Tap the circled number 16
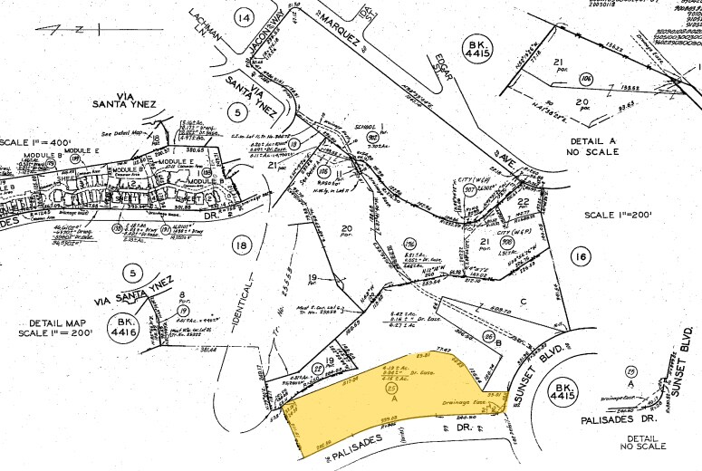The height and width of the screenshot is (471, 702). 580,258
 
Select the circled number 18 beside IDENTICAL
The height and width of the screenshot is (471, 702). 240,245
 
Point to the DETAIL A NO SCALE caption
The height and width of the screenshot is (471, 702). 592,148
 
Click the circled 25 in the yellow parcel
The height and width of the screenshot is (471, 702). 392,389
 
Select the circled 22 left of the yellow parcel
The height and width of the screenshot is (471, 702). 317,367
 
